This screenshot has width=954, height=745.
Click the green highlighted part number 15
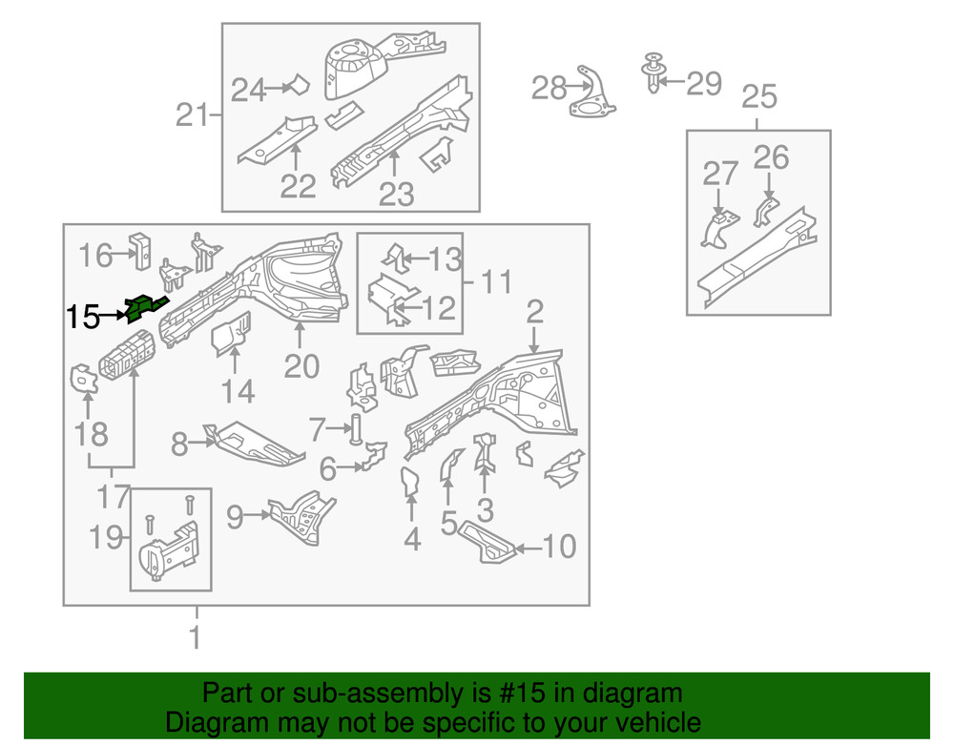pyautogui.click(x=143, y=307)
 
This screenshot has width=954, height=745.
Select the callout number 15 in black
pyautogui.click(x=83, y=317)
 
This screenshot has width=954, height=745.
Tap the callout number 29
pyautogui.click(x=704, y=84)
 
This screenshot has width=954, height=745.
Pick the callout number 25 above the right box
pyautogui.click(x=758, y=96)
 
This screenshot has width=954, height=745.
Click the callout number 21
pyautogui.click(x=191, y=115)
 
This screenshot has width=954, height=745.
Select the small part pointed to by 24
pyautogui.click(x=299, y=86)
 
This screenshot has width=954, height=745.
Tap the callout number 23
pyautogui.click(x=396, y=194)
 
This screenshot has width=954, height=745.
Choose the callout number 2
pyautogui.click(x=534, y=310)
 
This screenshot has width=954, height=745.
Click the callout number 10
pyautogui.click(x=559, y=547)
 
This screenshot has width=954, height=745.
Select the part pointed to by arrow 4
pyautogui.click(x=410, y=482)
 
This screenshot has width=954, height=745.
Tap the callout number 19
pyautogui.click(x=110, y=538)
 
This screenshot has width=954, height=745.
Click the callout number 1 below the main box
pyautogui.click(x=197, y=636)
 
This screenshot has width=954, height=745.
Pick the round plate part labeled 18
pyautogui.click(x=85, y=377)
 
